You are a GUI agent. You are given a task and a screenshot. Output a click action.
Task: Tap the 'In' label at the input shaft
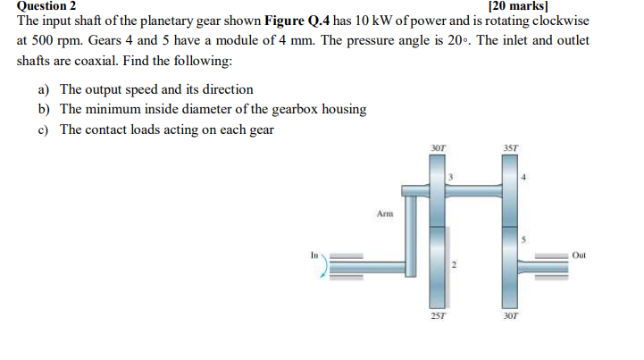[x=314, y=254]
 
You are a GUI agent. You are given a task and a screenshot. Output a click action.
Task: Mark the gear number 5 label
[x=525, y=239]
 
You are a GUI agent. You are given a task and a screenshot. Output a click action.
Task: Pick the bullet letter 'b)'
[x=44, y=109]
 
